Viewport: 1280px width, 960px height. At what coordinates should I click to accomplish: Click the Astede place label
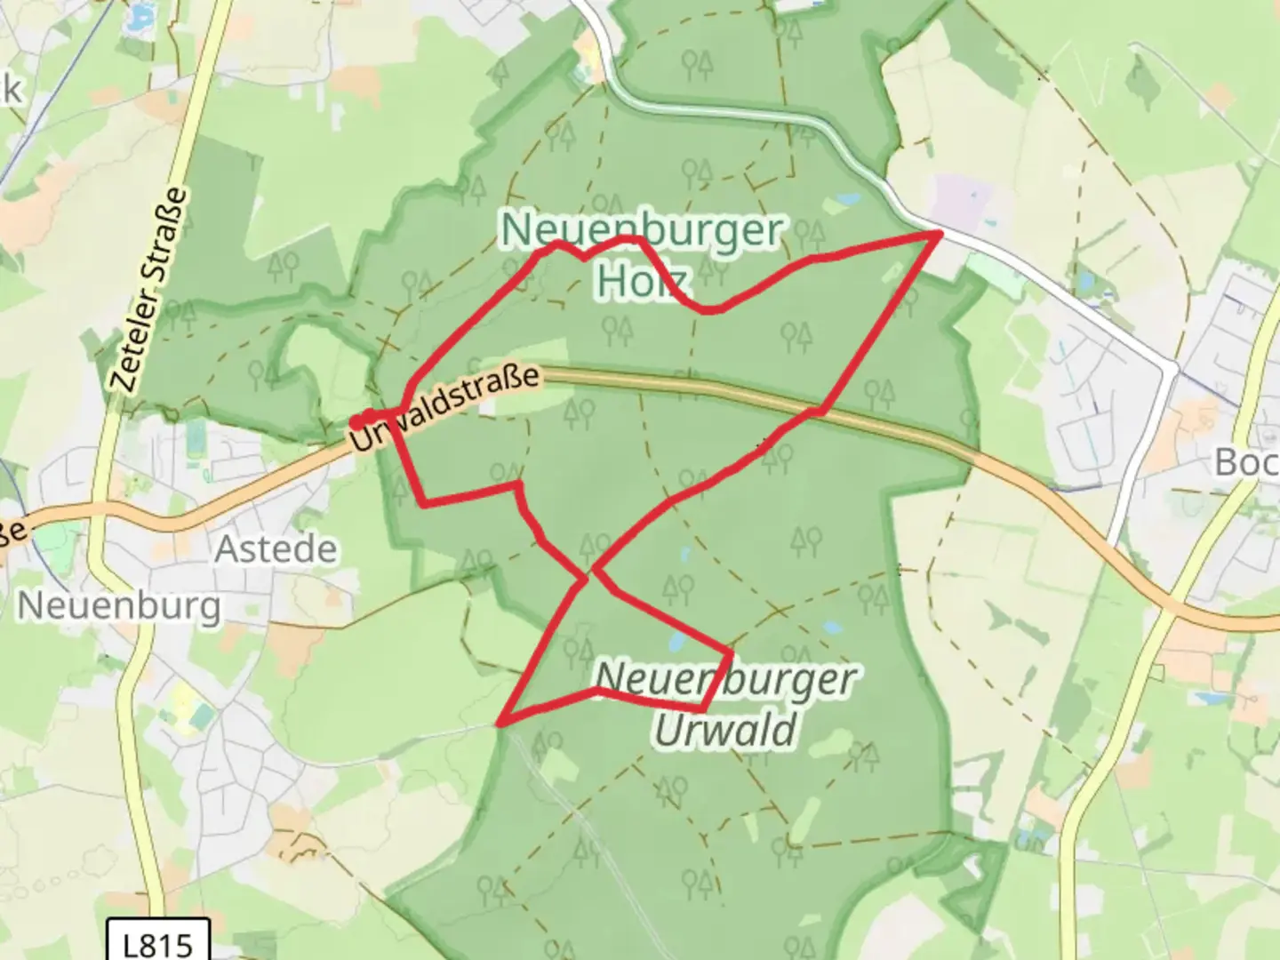(x=276, y=549)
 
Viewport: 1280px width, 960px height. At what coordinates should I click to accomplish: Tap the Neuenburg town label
(x=119, y=606)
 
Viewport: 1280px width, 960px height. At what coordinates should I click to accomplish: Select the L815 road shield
(x=158, y=940)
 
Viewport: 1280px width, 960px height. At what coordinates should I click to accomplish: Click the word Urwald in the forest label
(x=725, y=731)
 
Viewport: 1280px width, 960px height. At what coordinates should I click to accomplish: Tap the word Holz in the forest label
(x=642, y=280)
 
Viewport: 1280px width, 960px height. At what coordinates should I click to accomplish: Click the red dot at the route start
(x=356, y=421)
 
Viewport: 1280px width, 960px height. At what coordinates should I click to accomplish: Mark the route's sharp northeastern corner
(x=940, y=233)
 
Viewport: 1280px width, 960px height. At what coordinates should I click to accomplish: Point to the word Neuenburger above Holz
(x=642, y=231)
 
